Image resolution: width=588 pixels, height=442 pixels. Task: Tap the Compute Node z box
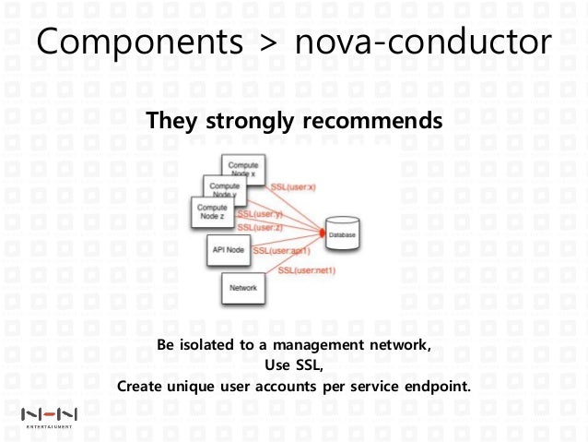[211, 211]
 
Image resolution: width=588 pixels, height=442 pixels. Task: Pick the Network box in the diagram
[242, 289]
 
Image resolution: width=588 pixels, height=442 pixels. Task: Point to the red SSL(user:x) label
[293, 188]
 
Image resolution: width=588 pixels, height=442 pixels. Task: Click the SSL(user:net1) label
[307, 269]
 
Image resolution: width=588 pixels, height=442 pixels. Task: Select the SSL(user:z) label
[259, 227]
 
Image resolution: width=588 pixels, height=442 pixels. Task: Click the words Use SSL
[294, 364]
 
